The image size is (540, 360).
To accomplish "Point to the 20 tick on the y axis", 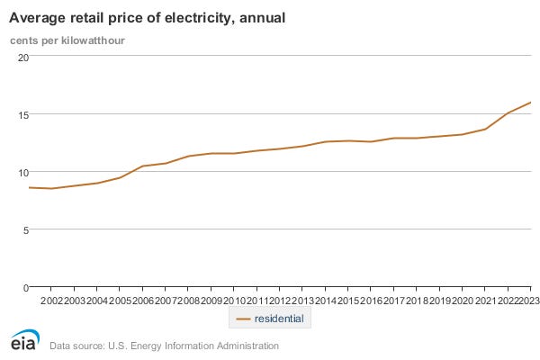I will pos(23,57).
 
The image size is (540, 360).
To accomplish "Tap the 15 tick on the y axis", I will pos(23,114).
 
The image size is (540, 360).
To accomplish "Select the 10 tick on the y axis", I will pos(23,172).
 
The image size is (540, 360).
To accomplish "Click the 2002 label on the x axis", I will pos(52,300).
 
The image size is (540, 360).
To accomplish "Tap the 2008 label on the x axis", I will pos(189,300).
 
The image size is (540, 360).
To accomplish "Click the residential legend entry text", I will pos(279,319).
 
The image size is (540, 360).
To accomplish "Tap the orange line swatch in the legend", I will pos(242,319).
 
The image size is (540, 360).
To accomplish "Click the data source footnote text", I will pos(164,345).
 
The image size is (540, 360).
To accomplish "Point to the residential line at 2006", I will pos(143,166).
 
